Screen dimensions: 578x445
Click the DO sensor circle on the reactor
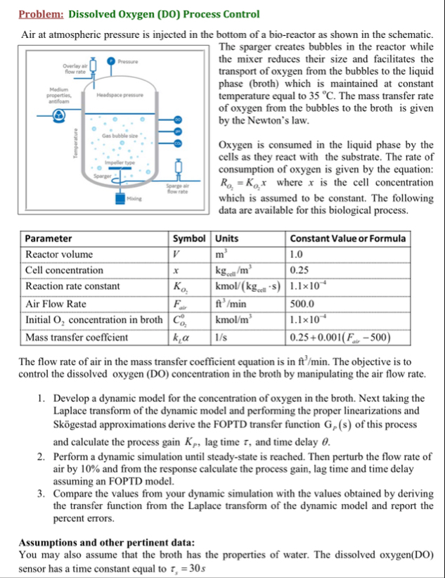177,120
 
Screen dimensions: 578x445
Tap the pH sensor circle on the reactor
177,131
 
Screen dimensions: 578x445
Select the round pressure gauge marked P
110,61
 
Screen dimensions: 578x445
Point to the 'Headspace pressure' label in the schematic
120,95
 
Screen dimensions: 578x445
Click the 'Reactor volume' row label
59,254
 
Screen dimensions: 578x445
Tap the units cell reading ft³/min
233,304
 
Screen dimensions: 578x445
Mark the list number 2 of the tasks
42,456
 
